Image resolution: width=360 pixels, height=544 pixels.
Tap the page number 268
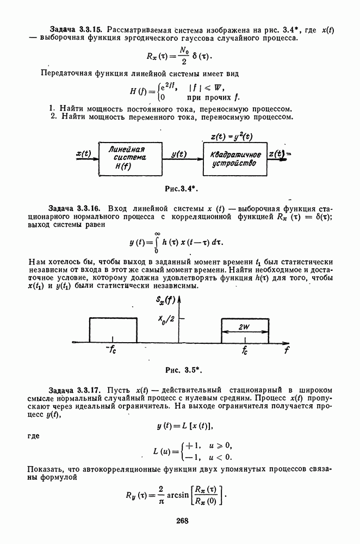(x=182, y=521)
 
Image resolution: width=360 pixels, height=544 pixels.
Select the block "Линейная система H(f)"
(x=130, y=158)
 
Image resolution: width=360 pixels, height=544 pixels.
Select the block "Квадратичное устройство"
(x=235, y=158)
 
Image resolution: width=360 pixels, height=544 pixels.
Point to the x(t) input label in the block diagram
(x=84, y=154)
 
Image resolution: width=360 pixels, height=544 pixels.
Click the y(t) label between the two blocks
(x=179, y=154)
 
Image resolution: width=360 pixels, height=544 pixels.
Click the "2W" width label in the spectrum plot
(x=245, y=327)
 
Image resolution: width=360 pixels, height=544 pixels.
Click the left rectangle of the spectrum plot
(x=113, y=330)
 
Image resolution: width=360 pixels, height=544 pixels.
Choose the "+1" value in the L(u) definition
(x=191, y=445)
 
